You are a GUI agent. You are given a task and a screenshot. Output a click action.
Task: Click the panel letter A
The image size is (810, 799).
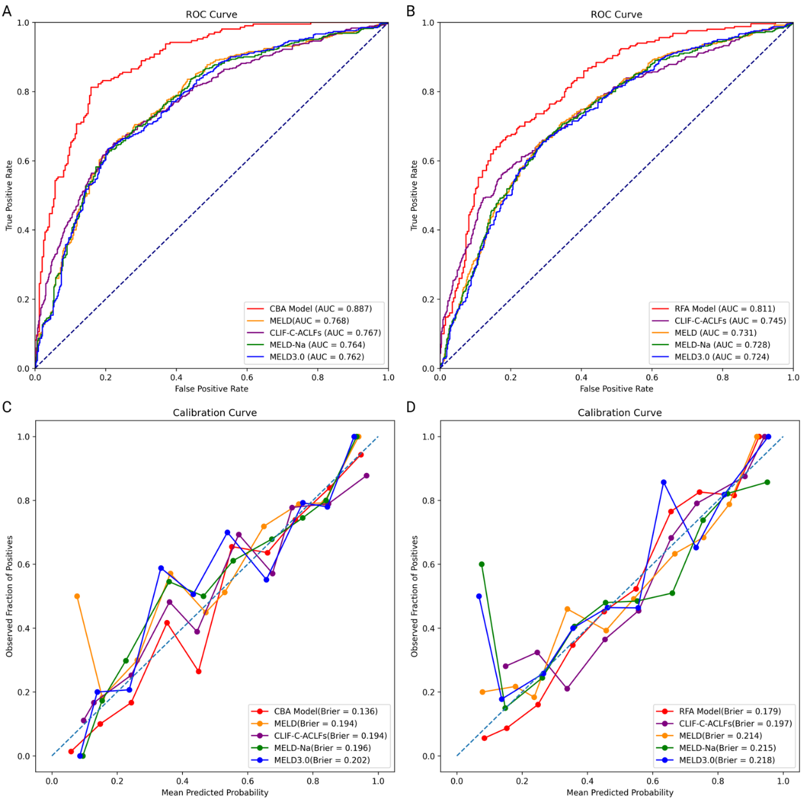tap(7, 11)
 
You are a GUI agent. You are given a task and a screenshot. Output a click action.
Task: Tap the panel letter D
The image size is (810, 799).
tap(411, 407)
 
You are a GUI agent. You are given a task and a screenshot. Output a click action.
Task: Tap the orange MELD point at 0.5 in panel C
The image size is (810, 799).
tap(77, 596)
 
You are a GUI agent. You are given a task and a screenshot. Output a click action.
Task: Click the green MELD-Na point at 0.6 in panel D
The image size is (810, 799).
tap(481, 564)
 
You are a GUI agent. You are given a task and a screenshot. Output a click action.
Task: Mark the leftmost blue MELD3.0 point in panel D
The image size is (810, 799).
tap(479, 596)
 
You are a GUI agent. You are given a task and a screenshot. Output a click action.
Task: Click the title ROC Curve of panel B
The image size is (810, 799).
tap(616, 15)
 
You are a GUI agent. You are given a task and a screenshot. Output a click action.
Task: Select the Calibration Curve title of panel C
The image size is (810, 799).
tap(215, 413)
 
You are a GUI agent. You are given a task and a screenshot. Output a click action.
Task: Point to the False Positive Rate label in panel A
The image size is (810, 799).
tap(212, 389)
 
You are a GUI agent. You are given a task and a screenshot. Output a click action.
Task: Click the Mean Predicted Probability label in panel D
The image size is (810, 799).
tap(619, 793)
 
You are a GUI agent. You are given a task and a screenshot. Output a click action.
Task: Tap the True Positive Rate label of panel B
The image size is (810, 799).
tap(414, 196)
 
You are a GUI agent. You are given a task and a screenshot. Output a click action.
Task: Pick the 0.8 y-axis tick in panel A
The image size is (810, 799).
tap(23, 92)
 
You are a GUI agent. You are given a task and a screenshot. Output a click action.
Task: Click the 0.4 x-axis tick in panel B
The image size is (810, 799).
tap(581, 378)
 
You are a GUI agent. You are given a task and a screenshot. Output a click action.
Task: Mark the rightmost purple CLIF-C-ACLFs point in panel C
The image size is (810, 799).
tap(366, 476)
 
